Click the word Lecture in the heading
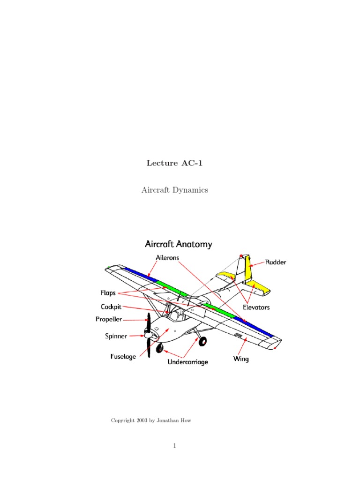pyautogui.click(x=162, y=163)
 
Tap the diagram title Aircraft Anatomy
pyautogui.click(x=178, y=244)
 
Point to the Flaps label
pyautogui.click(x=108, y=293)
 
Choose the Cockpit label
pyautogui.click(x=112, y=307)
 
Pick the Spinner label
pyautogui.click(x=115, y=336)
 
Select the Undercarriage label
pyautogui.click(x=187, y=362)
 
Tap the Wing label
pyautogui.click(x=241, y=360)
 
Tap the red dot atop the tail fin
pyautogui.click(x=241, y=256)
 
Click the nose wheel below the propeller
pyautogui.click(x=159, y=348)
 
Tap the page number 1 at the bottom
pyautogui.click(x=174, y=446)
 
